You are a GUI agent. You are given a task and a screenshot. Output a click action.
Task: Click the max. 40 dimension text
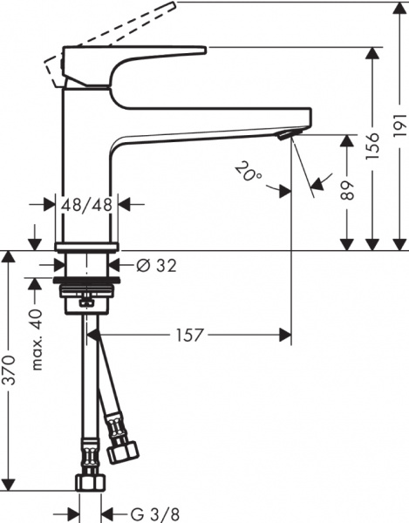coord(37,337)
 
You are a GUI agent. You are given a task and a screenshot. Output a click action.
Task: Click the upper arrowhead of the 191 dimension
coord(398,11)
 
